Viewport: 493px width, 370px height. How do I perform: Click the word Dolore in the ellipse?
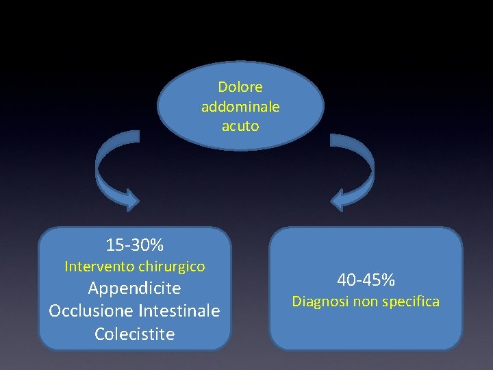point(240,87)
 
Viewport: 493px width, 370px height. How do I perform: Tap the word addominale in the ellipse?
point(240,107)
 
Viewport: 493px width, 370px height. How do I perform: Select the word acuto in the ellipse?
point(240,126)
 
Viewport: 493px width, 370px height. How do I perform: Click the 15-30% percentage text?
point(135,245)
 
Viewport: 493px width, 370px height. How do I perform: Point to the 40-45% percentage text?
point(366,280)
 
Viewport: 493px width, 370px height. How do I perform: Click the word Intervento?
point(99,266)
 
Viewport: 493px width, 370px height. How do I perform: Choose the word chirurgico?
point(171,266)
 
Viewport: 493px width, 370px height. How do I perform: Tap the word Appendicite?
point(135,288)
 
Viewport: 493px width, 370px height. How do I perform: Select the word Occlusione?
point(91,311)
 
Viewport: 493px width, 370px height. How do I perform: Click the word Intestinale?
point(179,311)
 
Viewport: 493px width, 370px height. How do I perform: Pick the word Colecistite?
point(135,334)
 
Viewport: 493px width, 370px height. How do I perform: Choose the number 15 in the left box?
point(114,245)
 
